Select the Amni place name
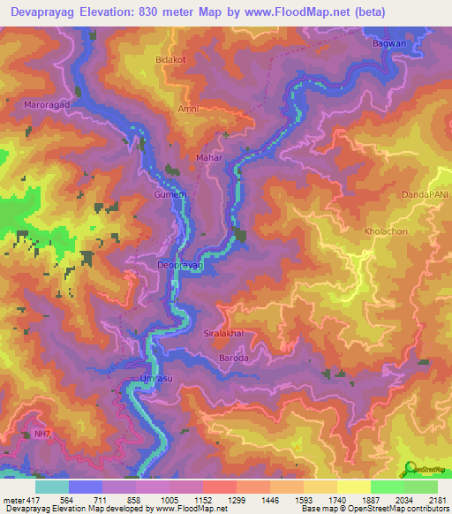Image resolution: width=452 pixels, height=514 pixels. point(189,109)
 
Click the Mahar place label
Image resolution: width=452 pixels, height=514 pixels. point(207,158)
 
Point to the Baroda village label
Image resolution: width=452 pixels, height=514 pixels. point(233,359)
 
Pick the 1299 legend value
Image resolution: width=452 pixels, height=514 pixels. point(236,500)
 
